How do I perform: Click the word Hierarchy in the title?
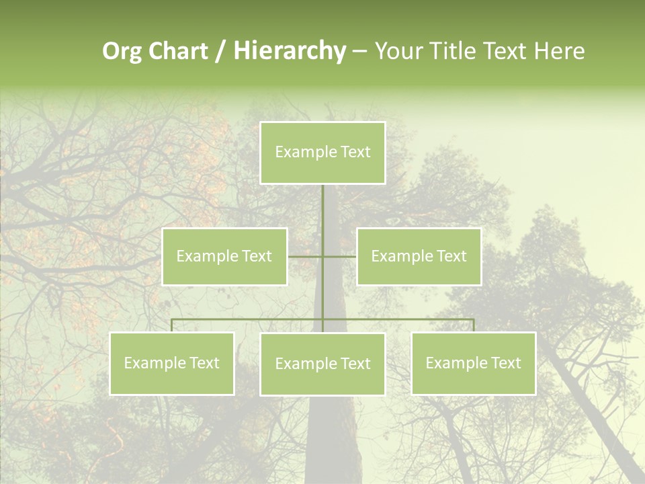[x=290, y=51]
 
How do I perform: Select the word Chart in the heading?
[x=178, y=51]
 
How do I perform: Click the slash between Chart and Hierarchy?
[x=220, y=51]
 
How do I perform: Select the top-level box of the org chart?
[x=322, y=153]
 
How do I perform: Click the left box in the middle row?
[x=224, y=256]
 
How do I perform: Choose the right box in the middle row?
[x=419, y=256]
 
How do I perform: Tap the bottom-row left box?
[x=172, y=363]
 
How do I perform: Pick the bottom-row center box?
[x=322, y=364]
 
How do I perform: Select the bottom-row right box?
[x=474, y=363]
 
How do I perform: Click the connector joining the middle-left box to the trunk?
[x=305, y=256]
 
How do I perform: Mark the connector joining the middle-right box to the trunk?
[x=340, y=256]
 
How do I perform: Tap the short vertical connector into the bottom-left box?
[x=172, y=325]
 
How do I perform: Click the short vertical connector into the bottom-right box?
[x=474, y=325]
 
